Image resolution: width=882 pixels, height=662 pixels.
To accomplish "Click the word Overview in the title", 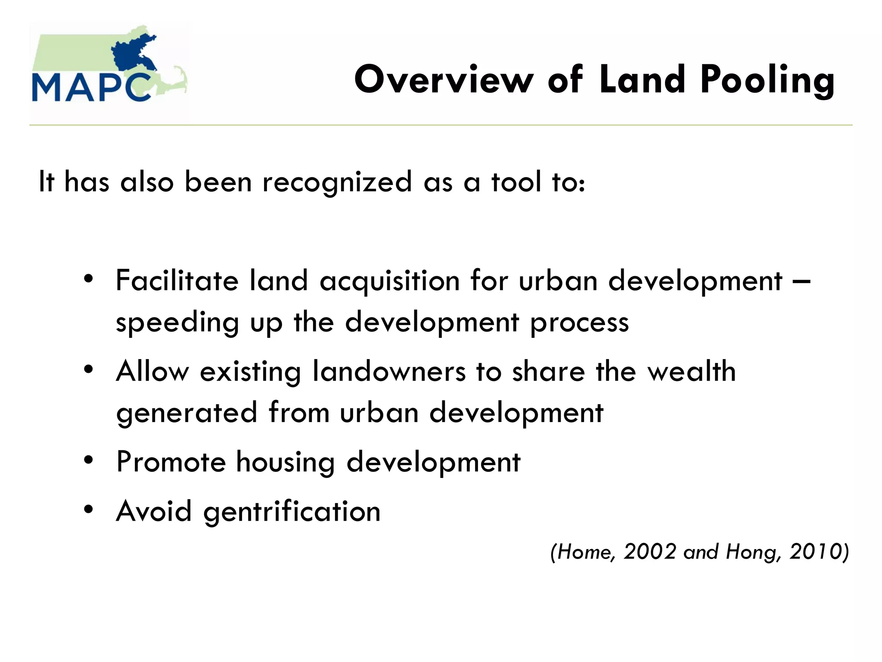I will coord(444,79).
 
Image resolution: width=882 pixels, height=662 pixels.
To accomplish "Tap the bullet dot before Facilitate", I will coord(89,279).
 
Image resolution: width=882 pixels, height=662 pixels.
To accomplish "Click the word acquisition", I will coord(390,281).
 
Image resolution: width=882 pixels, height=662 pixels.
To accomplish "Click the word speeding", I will coord(177,323).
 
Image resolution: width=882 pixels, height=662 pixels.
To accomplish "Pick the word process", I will coord(579,323).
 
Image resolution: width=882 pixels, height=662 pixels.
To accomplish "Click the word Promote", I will coord(171,462).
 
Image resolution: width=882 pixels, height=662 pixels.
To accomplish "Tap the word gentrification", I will coord(292,512).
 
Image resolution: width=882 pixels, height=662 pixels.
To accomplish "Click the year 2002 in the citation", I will coord(650,552).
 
